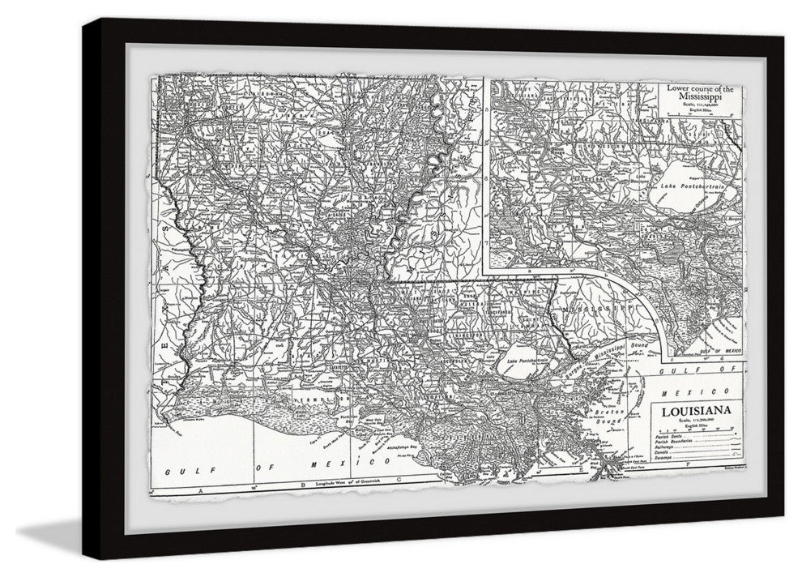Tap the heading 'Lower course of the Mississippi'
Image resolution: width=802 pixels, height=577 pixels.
pyautogui.click(x=700, y=92)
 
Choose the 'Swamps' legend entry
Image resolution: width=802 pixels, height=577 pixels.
pyautogui.click(x=663, y=458)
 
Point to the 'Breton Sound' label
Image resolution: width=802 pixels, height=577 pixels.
pyautogui.click(x=608, y=417)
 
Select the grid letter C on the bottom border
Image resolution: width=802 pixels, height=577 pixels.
pyautogui.click(x=399, y=479)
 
